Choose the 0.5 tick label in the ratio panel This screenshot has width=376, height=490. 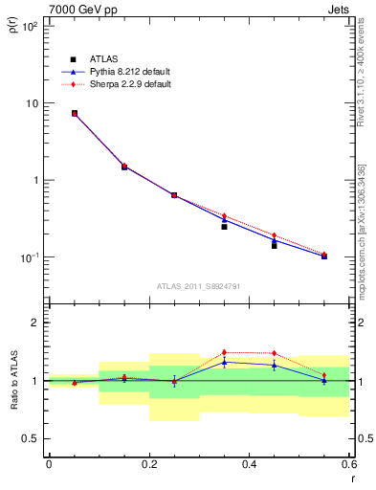pos(33,438)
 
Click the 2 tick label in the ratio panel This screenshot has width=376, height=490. pos(36,323)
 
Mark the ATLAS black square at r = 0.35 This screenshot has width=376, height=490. pos(224,227)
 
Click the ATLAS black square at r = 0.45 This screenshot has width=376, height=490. pos(274,246)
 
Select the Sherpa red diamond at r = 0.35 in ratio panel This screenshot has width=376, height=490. pos(224,352)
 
